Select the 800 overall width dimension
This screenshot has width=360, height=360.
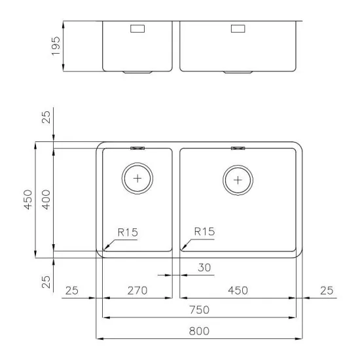point(200,331)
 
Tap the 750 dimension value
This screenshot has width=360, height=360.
point(200,310)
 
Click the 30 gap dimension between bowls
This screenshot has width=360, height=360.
point(204,267)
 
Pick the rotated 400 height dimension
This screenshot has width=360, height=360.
point(46,197)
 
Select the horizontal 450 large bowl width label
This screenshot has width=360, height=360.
point(236,290)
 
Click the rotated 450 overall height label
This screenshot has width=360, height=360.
point(27,199)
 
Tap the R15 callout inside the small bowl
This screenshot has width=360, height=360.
point(127,232)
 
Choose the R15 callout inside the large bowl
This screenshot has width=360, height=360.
point(204,232)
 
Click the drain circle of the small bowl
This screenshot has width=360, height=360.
point(137,178)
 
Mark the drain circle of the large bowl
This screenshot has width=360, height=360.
point(237,179)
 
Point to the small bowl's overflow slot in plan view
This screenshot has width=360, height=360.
point(137,148)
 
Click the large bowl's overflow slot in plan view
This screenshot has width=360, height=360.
point(237,148)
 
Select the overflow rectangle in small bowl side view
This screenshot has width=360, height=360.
point(137,29)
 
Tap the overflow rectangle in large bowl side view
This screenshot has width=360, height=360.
point(237,29)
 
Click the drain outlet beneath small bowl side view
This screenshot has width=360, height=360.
point(137,71)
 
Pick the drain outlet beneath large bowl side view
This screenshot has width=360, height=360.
point(237,71)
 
